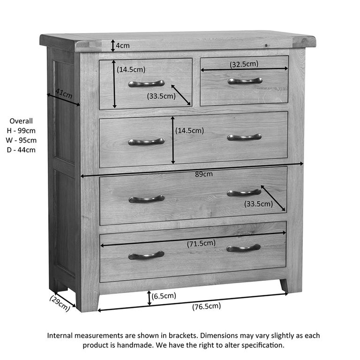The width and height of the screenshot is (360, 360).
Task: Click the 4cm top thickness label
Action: (123, 45)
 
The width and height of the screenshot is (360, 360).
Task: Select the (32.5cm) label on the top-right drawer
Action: (244, 64)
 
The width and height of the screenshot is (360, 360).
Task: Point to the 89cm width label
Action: (204, 174)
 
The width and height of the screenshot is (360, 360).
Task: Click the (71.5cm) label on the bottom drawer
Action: (202, 243)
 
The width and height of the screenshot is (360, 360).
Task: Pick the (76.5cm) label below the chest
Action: (206, 307)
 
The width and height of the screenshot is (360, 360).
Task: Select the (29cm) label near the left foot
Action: (61, 303)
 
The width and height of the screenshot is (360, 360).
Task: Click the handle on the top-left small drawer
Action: (146, 83)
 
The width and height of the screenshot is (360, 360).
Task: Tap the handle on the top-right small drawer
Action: (245, 81)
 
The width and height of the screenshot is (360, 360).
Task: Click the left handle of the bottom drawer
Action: (146, 255)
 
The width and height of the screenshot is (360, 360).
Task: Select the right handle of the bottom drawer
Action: (244, 248)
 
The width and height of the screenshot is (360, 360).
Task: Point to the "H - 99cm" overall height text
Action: (21, 130)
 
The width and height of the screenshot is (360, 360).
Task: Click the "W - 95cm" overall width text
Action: (21, 140)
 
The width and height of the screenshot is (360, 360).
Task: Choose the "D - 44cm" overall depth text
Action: (21, 150)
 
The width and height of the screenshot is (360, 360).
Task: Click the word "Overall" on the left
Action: (21, 120)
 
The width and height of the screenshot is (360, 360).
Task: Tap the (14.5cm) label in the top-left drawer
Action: (132, 69)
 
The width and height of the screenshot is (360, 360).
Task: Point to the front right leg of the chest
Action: (284, 285)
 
